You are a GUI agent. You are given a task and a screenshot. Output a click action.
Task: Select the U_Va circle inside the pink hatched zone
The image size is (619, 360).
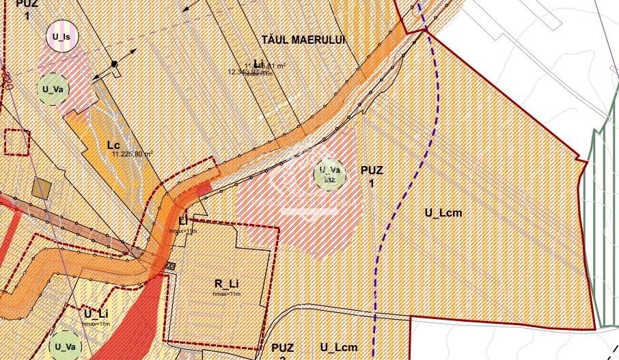pos(330,174)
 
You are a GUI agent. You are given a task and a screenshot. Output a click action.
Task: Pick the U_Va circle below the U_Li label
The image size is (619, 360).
pos(66,346)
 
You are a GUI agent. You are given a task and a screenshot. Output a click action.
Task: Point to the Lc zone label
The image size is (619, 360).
pos(113,145)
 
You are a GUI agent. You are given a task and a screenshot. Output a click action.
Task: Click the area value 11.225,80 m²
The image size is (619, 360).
pos(131,154)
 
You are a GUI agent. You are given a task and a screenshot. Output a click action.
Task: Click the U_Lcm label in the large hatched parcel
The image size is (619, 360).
pos(443,212)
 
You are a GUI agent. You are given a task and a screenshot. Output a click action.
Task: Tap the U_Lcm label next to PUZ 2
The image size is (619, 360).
pos(338,347)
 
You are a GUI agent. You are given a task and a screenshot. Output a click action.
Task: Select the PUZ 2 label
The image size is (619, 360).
pos(282,350)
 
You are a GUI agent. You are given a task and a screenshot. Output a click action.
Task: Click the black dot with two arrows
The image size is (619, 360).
pos(115,64)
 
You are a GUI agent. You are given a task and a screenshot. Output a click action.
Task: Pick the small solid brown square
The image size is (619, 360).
pos(42,189)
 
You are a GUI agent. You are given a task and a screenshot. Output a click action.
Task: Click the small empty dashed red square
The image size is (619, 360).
pos(17,142)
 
